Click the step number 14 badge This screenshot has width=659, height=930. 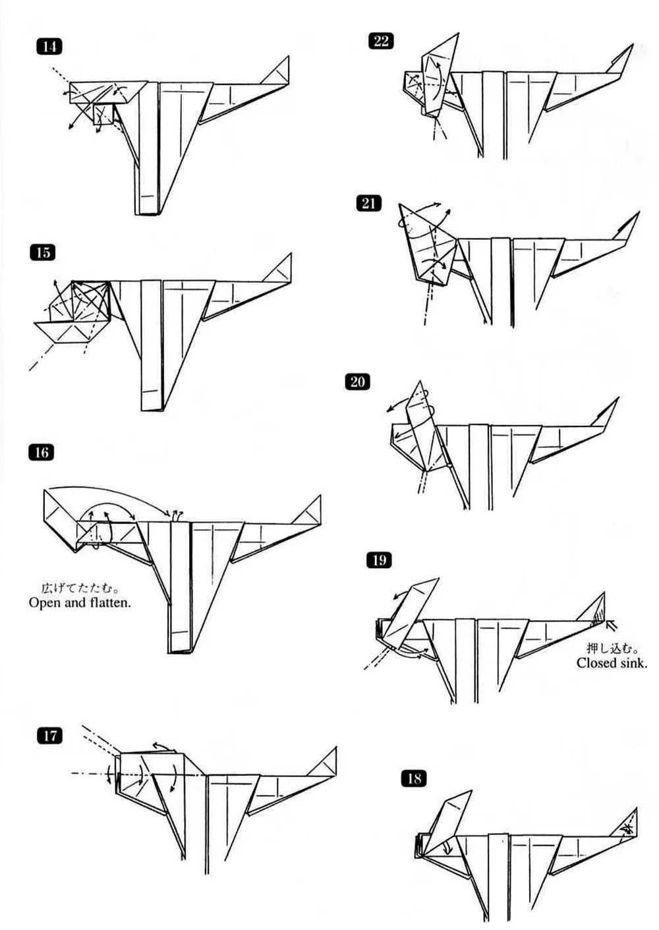click(x=49, y=46)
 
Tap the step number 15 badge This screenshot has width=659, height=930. click(x=43, y=252)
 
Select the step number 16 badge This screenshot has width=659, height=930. click(x=42, y=452)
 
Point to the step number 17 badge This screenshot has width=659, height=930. click(x=50, y=736)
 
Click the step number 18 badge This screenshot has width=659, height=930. click(x=413, y=778)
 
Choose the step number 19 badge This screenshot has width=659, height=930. click(x=378, y=560)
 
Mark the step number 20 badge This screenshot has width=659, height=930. click(x=357, y=382)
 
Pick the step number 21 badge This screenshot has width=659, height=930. click(x=368, y=203)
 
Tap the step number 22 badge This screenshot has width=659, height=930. click(x=382, y=41)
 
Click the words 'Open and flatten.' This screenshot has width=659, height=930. click(x=79, y=602)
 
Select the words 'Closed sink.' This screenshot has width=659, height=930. click(x=611, y=663)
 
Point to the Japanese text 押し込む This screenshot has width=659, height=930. click(x=613, y=649)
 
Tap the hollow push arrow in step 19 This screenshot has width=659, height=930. click(x=612, y=622)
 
